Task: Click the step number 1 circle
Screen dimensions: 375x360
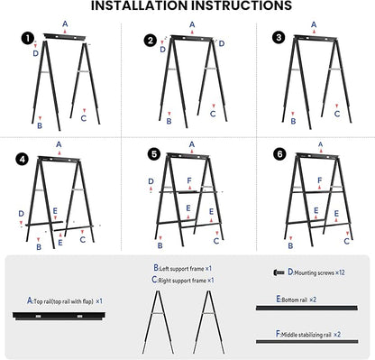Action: (28, 39)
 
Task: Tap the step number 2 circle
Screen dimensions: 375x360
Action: (151, 41)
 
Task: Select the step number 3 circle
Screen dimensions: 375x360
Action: (279, 38)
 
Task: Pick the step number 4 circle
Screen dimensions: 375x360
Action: (23, 160)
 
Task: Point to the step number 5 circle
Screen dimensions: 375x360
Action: (154, 154)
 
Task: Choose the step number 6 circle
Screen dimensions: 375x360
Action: (279, 154)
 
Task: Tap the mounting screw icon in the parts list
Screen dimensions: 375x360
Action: (279, 272)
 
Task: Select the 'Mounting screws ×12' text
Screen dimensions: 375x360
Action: (316, 272)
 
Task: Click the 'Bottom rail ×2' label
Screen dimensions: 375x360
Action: (297, 300)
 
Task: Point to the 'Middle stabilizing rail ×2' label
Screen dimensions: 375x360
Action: (308, 334)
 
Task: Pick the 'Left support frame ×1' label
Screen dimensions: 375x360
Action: (183, 268)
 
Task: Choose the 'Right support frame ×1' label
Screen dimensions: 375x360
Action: (183, 280)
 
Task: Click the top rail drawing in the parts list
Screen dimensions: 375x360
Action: (59, 316)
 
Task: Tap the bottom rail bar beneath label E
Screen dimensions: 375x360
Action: (306, 308)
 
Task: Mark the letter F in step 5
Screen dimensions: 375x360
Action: (189, 180)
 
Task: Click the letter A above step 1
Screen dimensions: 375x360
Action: (65, 23)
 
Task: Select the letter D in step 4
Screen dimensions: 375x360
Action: (21, 214)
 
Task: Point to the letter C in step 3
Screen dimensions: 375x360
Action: (337, 114)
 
